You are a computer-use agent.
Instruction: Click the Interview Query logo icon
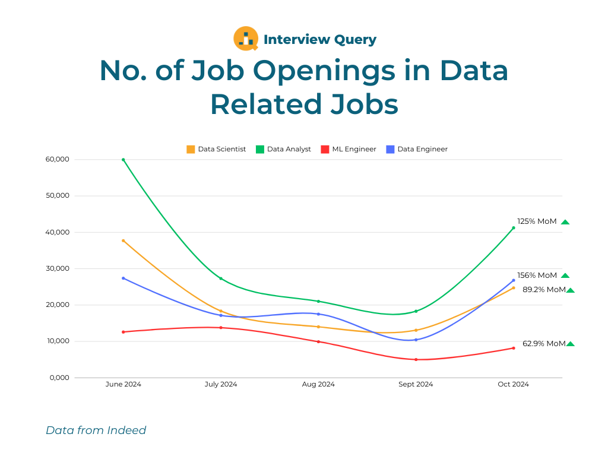click(x=246, y=39)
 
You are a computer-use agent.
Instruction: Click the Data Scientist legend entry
click(x=216, y=149)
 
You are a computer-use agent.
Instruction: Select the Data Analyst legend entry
click(x=283, y=149)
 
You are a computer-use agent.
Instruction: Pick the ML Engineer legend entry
click(x=349, y=149)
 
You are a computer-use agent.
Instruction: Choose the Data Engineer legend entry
click(x=417, y=149)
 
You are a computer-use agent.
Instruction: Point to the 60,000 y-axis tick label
click(x=58, y=159)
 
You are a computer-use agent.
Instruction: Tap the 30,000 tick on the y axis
click(x=58, y=268)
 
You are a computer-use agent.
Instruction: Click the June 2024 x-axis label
click(x=123, y=384)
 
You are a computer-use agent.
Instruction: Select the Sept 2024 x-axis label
click(x=416, y=384)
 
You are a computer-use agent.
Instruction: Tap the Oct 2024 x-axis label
click(x=514, y=384)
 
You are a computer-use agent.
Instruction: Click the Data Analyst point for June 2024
click(x=123, y=160)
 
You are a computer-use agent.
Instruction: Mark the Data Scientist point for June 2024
click(x=123, y=241)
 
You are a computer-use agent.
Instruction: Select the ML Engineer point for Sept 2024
click(x=416, y=360)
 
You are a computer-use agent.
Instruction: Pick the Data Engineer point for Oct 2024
click(x=514, y=280)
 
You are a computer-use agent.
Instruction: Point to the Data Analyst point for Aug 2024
click(x=318, y=301)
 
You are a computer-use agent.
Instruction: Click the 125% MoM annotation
click(x=537, y=221)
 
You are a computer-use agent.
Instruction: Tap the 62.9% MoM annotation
click(x=544, y=344)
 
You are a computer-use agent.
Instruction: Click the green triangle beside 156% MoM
click(x=565, y=275)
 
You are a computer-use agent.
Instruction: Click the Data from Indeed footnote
click(x=96, y=430)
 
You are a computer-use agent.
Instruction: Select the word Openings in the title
click(x=324, y=72)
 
